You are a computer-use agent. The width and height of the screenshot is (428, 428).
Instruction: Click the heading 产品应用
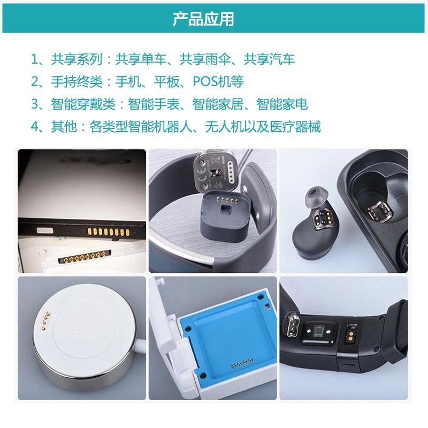[x=203, y=19]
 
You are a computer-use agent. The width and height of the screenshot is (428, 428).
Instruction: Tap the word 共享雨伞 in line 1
[x=205, y=59]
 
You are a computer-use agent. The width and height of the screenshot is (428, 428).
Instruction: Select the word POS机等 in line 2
[x=218, y=81]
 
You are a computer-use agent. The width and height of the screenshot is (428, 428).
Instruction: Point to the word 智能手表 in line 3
[x=154, y=104]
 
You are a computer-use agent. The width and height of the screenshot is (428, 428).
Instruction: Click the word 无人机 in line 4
[x=224, y=126]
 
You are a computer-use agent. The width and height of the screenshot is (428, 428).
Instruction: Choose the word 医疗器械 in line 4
[x=295, y=126]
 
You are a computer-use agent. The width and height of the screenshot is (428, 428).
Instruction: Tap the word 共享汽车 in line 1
[x=269, y=59]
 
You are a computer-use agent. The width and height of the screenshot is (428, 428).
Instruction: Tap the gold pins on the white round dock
[x=45, y=321]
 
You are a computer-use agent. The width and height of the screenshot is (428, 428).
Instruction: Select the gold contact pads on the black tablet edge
[x=109, y=232]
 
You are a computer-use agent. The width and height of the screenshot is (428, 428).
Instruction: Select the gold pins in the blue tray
[x=242, y=363]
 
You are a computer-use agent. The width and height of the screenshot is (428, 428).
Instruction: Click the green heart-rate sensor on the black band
[x=318, y=332]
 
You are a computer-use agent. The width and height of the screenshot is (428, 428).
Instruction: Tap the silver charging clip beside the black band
[x=292, y=325]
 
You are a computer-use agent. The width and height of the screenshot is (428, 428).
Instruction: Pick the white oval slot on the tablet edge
[x=45, y=231]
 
